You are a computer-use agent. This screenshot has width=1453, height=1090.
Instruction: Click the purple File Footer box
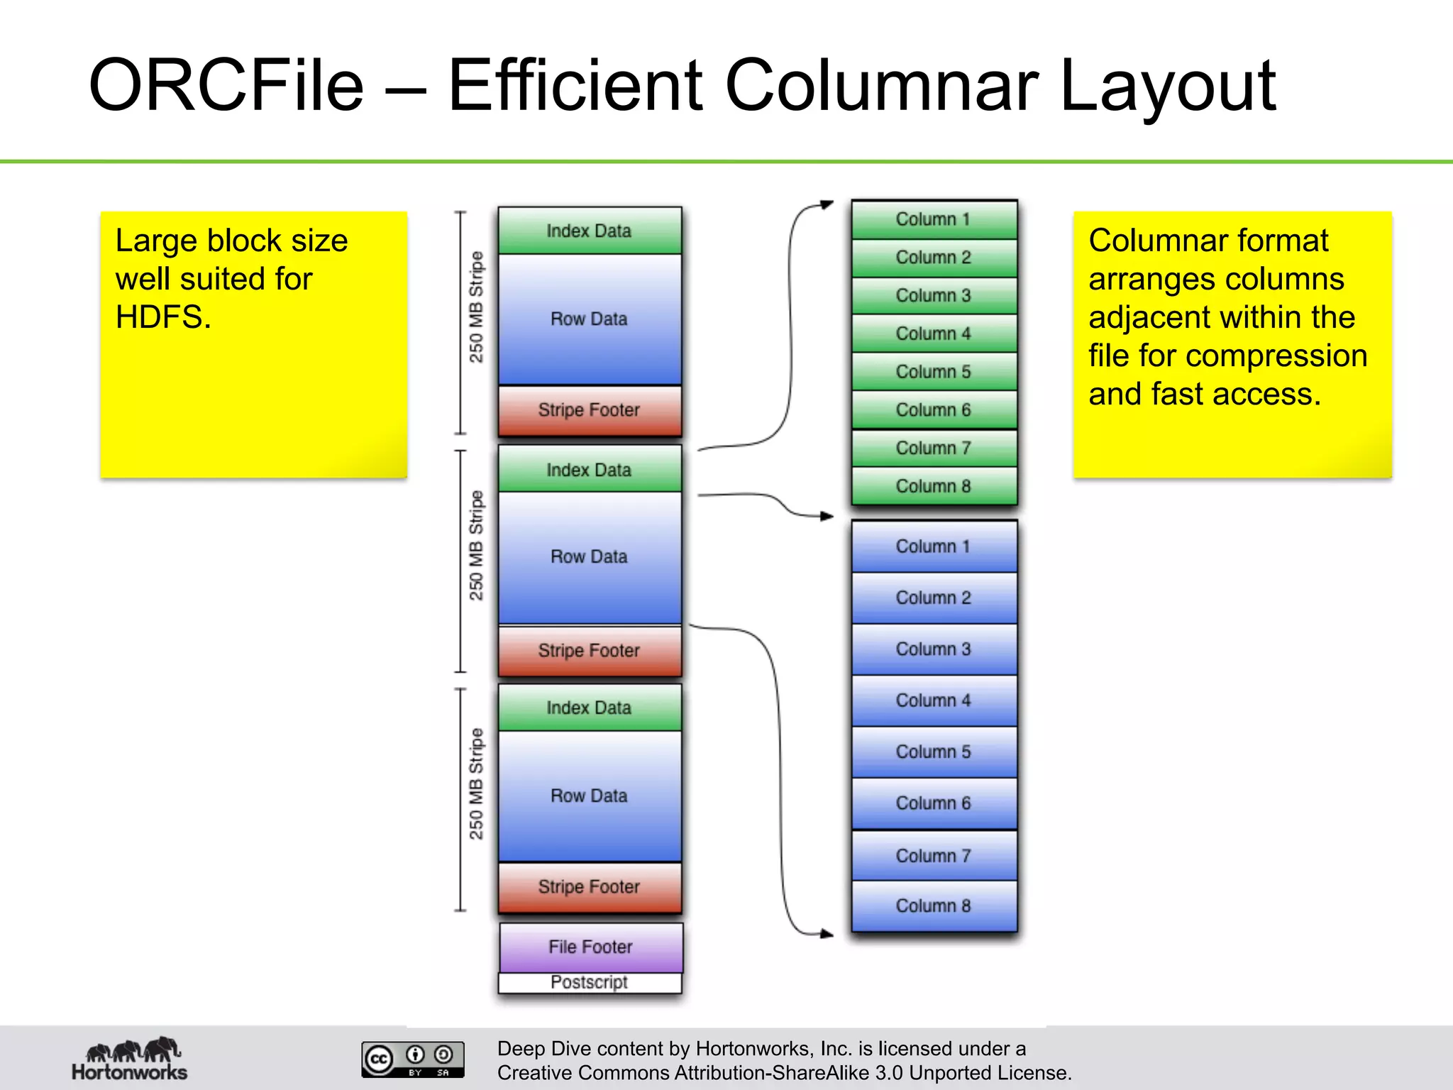(x=590, y=947)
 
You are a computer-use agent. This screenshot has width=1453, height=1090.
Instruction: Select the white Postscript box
(x=590, y=983)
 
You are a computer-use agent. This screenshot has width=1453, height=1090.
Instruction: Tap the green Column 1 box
(x=934, y=219)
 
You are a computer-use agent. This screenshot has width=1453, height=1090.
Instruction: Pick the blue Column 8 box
(x=934, y=906)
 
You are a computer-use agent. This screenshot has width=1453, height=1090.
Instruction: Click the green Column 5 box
(x=934, y=372)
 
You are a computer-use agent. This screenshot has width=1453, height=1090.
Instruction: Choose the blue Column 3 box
(x=934, y=649)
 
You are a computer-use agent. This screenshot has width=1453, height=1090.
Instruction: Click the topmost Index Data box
(x=590, y=231)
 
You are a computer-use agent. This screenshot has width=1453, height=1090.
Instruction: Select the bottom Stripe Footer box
(x=590, y=887)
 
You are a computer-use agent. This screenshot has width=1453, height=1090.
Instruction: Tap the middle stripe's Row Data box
(x=590, y=557)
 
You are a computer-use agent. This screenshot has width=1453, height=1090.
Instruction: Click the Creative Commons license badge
(x=412, y=1059)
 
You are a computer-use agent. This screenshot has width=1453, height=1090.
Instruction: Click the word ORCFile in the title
(x=226, y=86)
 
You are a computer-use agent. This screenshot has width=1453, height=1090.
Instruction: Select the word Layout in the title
(x=1167, y=86)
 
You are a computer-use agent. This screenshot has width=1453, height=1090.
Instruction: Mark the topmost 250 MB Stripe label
(x=476, y=307)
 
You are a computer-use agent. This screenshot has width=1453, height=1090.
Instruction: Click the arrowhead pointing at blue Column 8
(x=827, y=934)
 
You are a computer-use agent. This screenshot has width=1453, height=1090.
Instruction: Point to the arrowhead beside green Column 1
(x=827, y=204)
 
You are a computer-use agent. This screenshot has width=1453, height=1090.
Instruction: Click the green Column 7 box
(x=934, y=448)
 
